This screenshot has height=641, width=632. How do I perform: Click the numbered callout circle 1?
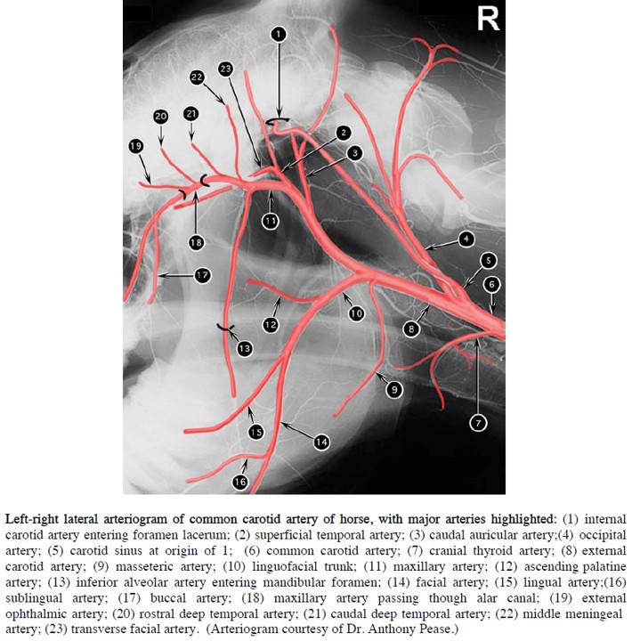click(279, 34)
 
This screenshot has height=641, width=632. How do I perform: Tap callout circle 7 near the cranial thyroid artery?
click(478, 423)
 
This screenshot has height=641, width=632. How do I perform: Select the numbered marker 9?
click(391, 389)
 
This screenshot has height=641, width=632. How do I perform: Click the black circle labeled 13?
click(244, 350)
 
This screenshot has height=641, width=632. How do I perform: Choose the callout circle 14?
click(321, 440)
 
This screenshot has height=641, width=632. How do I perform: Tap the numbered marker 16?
click(239, 482)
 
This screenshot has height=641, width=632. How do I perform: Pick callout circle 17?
click(202, 276)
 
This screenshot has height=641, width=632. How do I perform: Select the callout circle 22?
click(197, 77)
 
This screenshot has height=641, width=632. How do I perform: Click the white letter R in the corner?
click(488, 18)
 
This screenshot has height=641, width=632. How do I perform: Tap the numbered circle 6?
click(492, 285)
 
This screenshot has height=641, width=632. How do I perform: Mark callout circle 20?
click(160, 117)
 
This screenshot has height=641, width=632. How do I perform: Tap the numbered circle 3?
click(353, 153)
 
